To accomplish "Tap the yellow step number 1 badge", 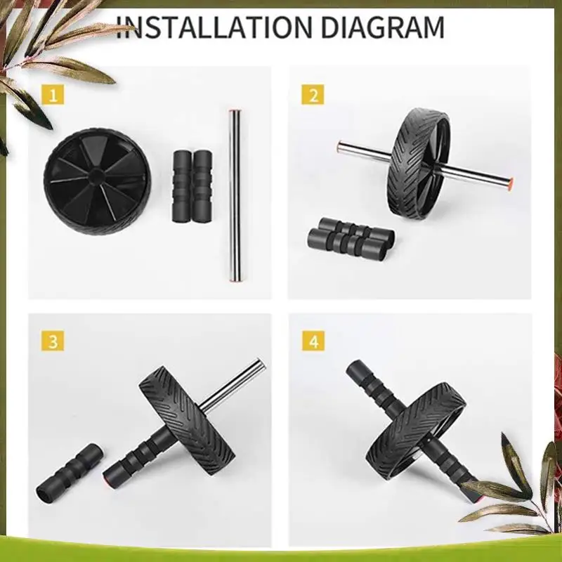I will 53,94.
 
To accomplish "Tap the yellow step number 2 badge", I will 313,94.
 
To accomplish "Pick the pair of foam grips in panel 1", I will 192,185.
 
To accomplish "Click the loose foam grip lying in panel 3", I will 70,468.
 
